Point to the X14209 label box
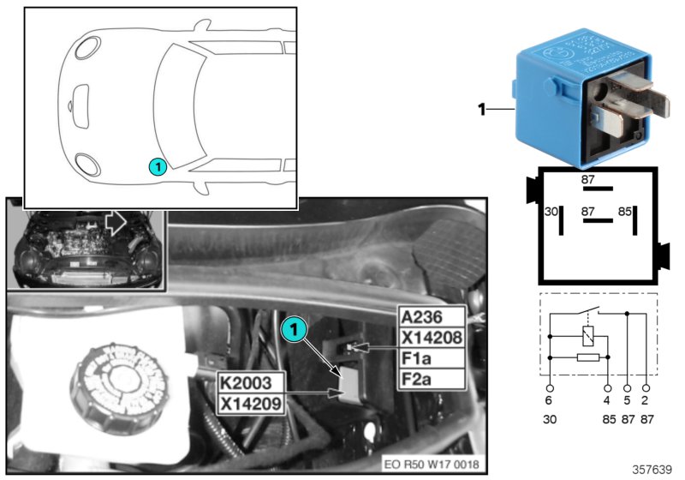250,402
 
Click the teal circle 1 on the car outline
156,165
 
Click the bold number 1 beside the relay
482,109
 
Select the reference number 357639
652,469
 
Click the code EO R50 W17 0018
432,465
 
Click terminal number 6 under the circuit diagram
549,399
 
